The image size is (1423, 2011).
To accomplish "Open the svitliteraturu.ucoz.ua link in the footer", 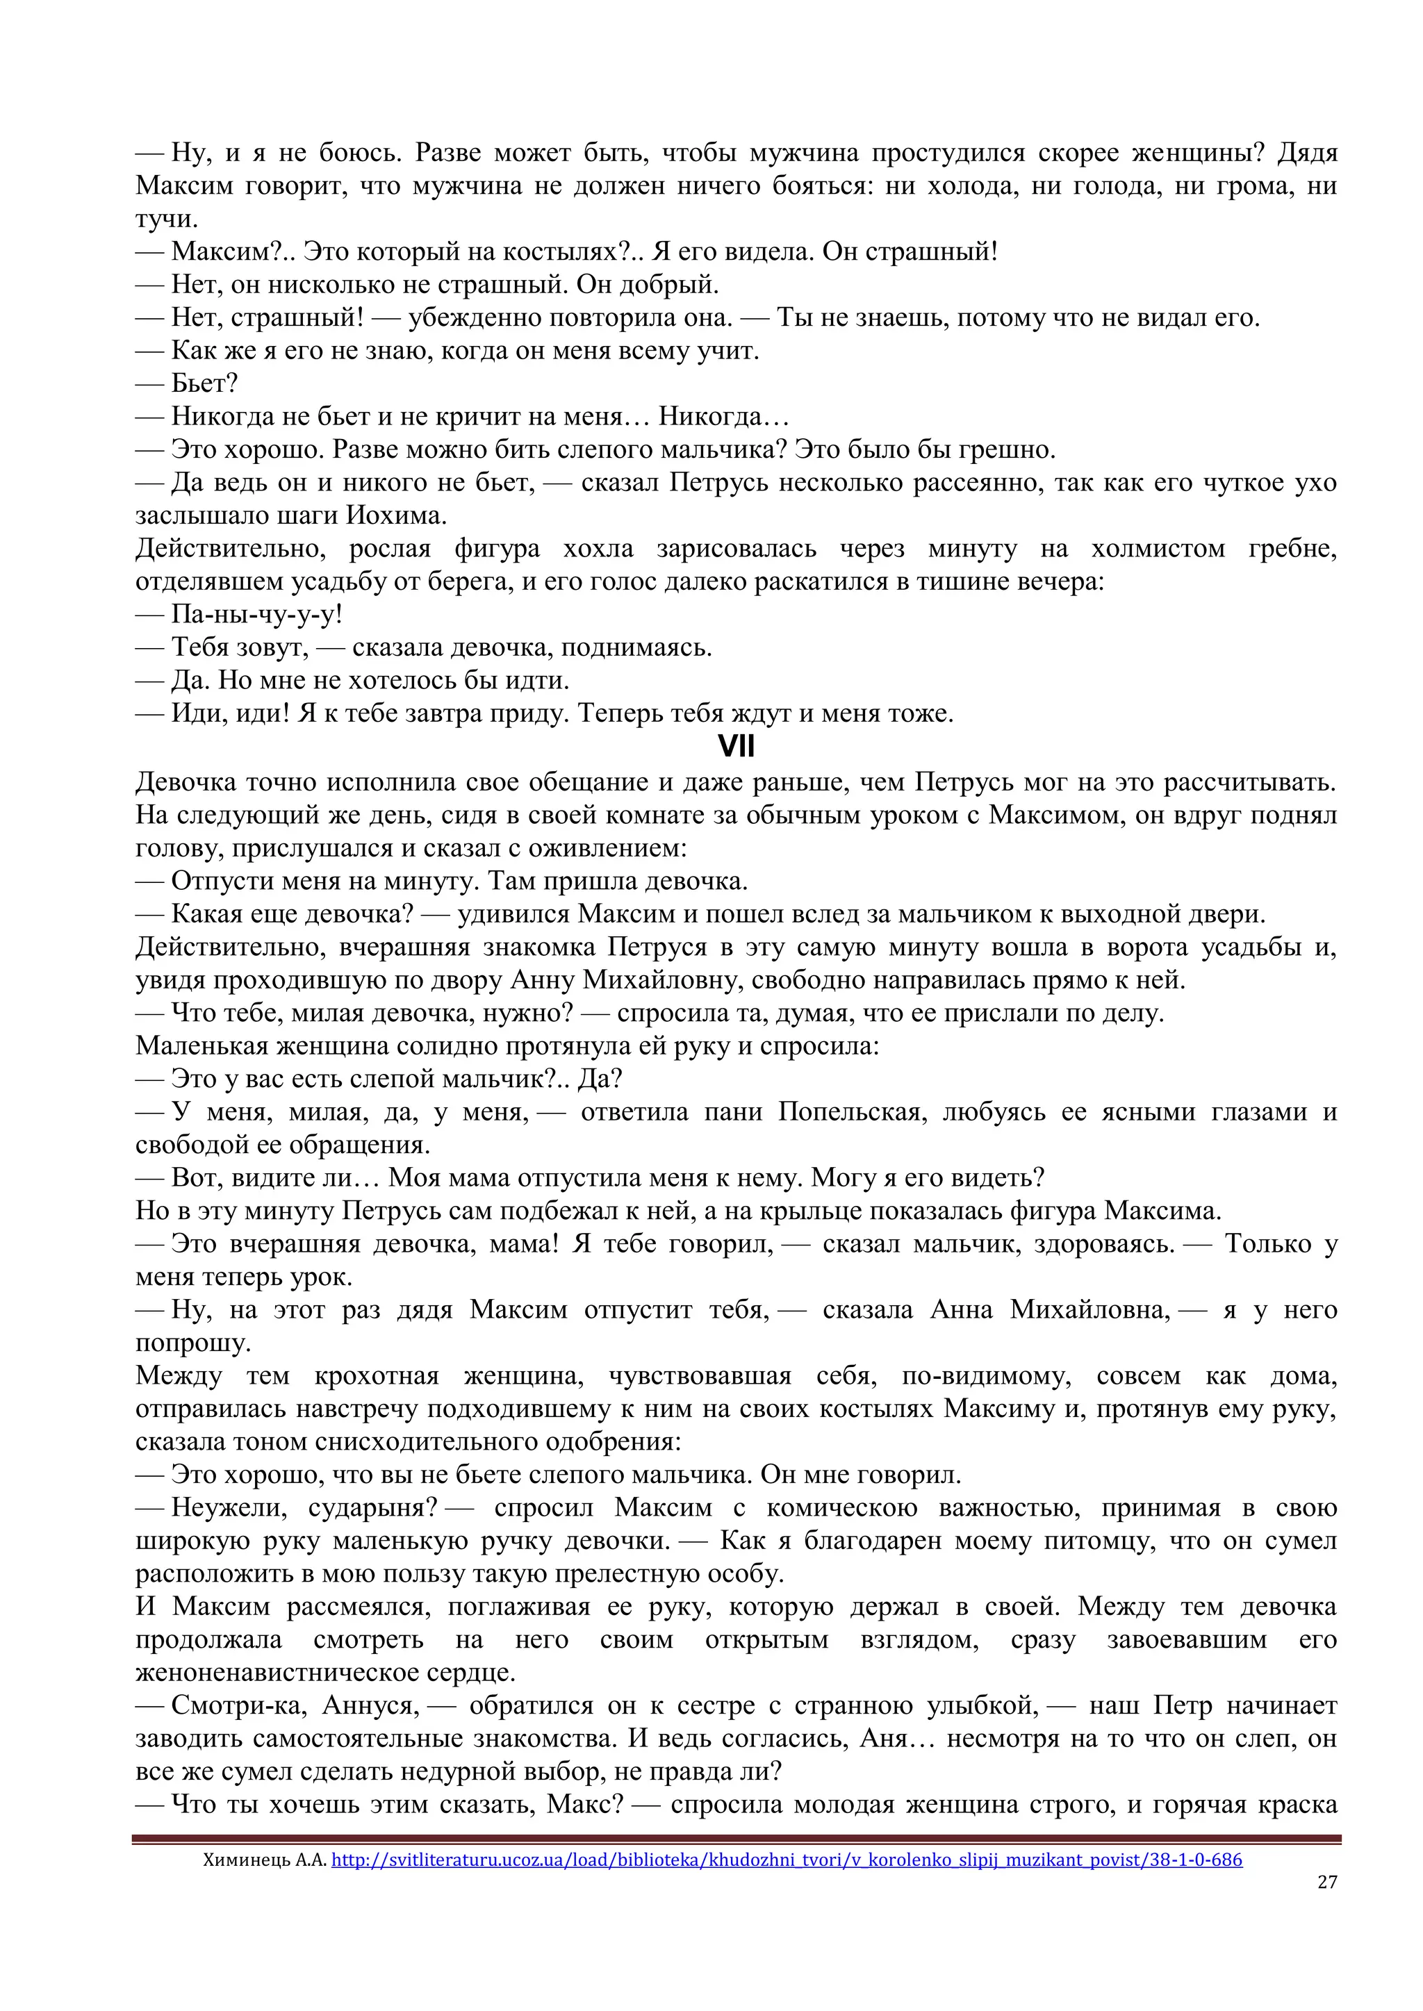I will tap(786, 1859).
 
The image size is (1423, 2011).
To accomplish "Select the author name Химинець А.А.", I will tap(265, 1859).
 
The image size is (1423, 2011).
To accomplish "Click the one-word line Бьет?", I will tap(204, 383).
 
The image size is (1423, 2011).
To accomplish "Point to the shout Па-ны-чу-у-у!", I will tap(256, 614).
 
